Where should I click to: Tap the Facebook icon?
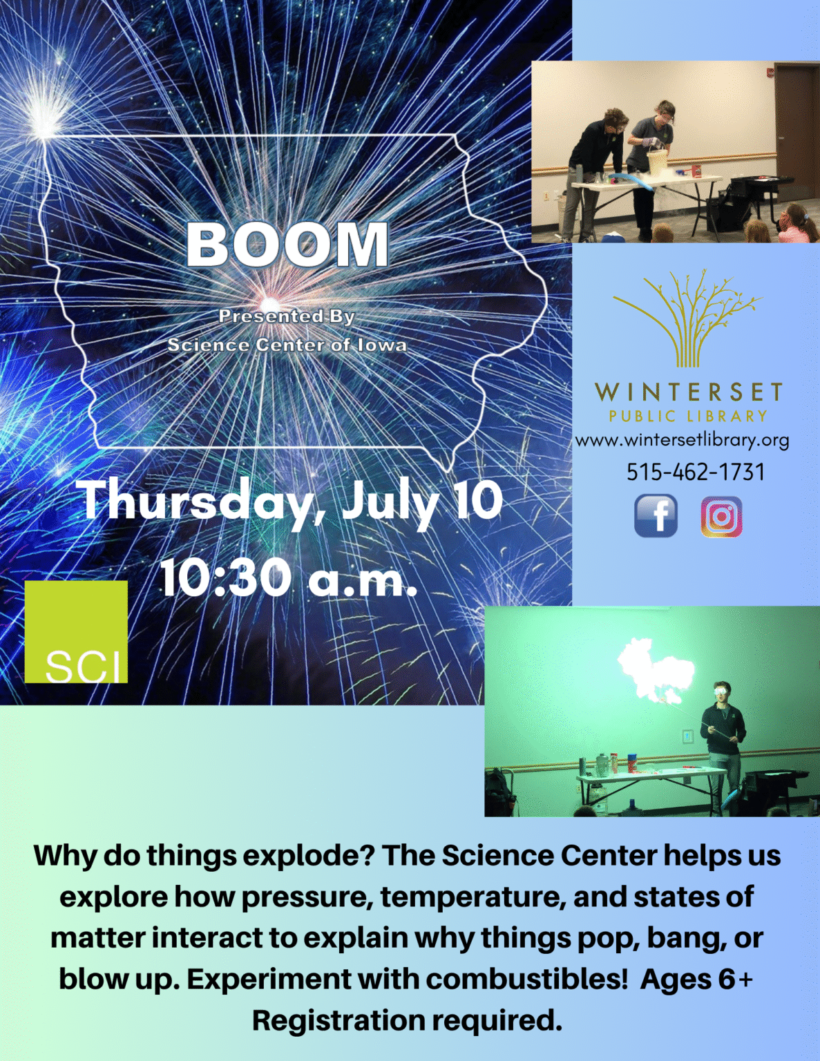pyautogui.click(x=656, y=516)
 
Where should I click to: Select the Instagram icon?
pyautogui.click(x=721, y=517)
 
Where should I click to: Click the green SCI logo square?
pyautogui.click(x=76, y=631)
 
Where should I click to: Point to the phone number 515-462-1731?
pyautogui.click(x=696, y=472)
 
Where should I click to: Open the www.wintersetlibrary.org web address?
pyautogui.click(x=682, y=441)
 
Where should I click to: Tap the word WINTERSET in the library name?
pyautogui.click(x=688, y=392)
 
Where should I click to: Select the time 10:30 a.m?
pyautogui.click(x=289, y=579)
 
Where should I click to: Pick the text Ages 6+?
pyautogui.click(x=697, y=979)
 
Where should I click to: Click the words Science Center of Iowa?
pyautogui.click(x=287, y=345)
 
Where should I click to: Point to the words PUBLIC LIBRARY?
pyautogui.click(x=688, y=416)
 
